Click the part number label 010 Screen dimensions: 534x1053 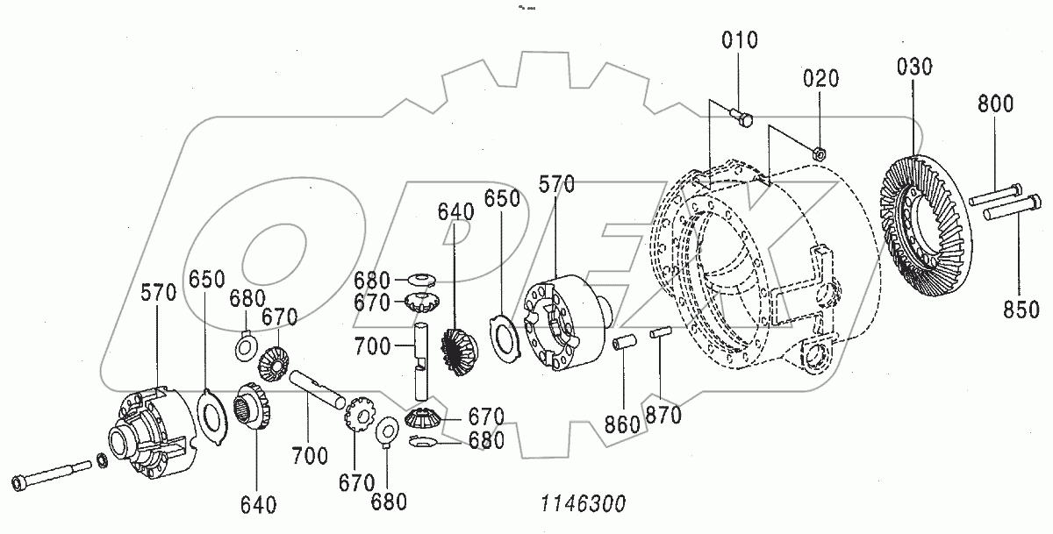click(740, 40)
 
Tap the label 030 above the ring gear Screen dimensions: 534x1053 click(915, 67)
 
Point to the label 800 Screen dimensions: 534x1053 click(995, 105)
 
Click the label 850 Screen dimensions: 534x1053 click(1021, 309)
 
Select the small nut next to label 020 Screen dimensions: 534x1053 click(817, 151)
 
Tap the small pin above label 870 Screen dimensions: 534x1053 click(661, 332)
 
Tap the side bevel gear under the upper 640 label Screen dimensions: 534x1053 click(455, 351)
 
